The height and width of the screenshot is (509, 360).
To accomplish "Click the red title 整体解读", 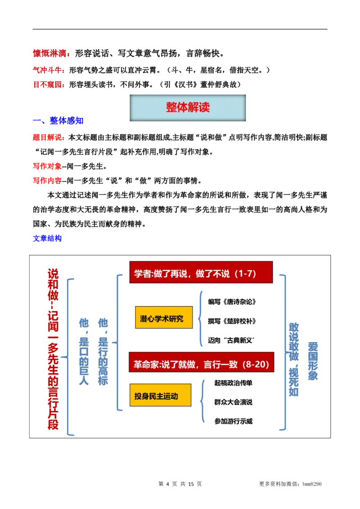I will point(188,108).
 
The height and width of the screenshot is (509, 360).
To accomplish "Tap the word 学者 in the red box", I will point(143,273).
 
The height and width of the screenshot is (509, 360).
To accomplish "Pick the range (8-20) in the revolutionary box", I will point(255,364).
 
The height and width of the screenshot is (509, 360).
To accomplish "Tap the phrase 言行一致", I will point(220,364).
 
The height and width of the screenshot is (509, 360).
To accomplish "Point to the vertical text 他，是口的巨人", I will point(84,351).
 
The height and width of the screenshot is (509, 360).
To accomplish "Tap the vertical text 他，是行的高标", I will point(103,351).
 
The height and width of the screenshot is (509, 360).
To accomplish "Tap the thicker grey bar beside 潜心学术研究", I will point(243,311).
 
